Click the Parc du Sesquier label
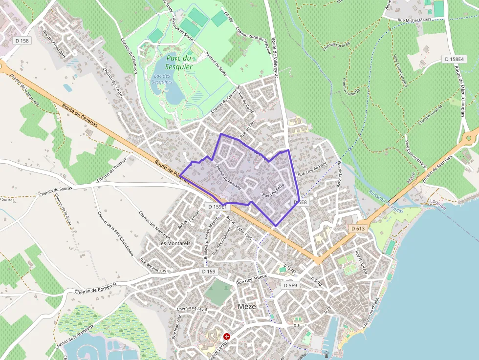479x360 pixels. (178, 63)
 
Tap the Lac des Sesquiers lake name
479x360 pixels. (163, 79)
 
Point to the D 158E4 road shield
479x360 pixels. (454, 59)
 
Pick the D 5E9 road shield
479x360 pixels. (290, 285)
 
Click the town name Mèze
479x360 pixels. (246, 306)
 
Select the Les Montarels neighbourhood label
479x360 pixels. (174, 243)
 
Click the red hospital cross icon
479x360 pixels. (227, 337)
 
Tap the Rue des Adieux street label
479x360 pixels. (251, 279)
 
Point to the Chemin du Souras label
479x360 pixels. (56, 189)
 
